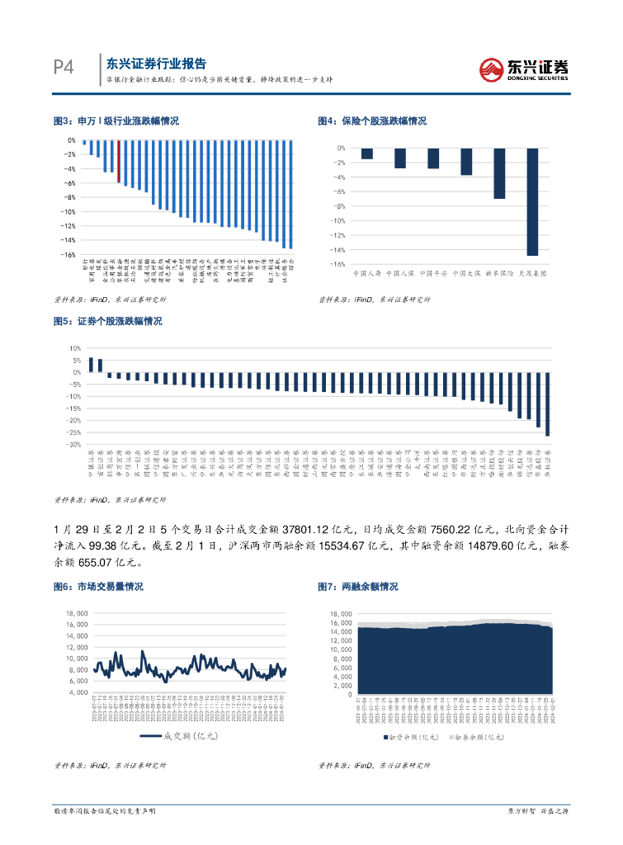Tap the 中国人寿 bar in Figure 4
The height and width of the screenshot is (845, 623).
coord(366,153)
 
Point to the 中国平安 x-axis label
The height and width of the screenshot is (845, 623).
coord(432,272)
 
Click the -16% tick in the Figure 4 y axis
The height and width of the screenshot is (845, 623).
coord(337,264)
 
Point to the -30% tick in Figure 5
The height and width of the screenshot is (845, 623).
coord(73,445)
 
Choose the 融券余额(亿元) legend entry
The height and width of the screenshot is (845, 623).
coord(479,736)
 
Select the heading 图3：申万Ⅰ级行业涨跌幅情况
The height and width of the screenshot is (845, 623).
coord(116,120)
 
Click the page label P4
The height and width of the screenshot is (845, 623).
coord(64,68)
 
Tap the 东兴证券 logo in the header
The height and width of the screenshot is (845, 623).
coord(525,69)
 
